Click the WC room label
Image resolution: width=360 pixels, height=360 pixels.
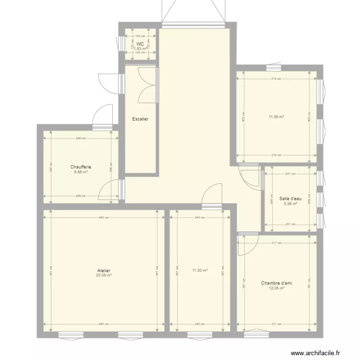(x=140, y=44)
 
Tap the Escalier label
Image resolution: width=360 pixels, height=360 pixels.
(x=140, y=119)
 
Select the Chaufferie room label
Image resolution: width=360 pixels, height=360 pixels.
(x=81, y=167)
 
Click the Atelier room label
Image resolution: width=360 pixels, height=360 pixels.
(x=104, y=271)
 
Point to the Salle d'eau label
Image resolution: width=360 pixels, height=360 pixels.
(x=290, y=198)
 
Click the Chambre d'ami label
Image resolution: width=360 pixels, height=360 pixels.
(x=276, y=283)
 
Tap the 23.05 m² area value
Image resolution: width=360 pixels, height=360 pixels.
(x=104, y=276)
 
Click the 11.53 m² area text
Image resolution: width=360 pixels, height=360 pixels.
(x=200, y=271)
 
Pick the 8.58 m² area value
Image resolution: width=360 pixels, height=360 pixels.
(x=81, y=172)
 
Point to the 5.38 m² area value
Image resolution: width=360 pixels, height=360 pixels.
(x=290, y=203)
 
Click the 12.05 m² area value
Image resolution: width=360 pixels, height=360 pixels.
(x=276, y=288)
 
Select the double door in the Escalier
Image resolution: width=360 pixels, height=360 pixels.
(x=148, y=85)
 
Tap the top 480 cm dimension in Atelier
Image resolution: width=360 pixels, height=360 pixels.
(x=104, y=217)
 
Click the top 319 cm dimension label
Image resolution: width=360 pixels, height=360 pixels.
(x=276, y=79)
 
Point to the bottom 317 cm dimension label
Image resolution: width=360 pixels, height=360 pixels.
(x=276, y=324)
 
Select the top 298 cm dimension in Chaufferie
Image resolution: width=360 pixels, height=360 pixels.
(x=81, y=138)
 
